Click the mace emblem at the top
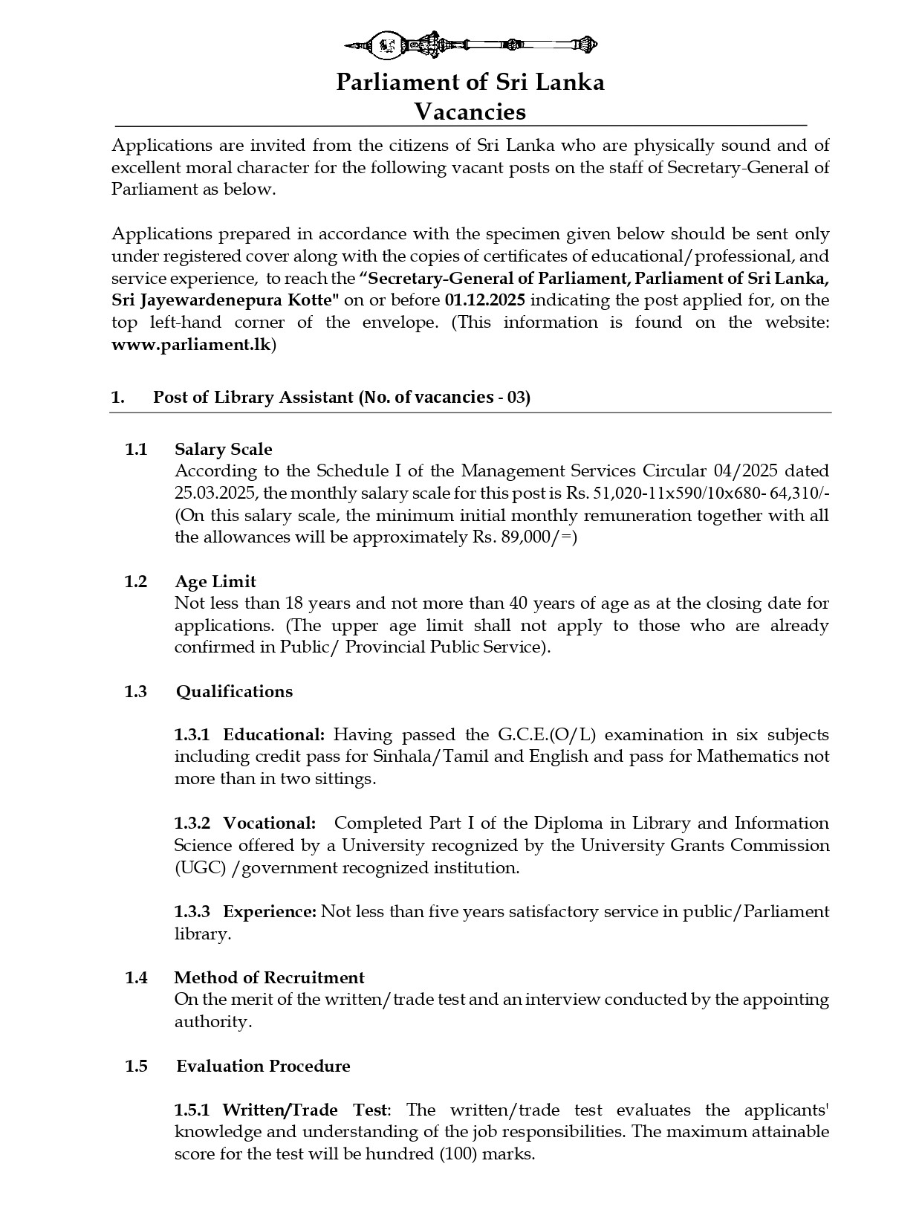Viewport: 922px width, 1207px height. coord(471,45)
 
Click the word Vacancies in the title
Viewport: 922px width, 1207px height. coord(470,111)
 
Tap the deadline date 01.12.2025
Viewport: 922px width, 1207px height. coord(485,300)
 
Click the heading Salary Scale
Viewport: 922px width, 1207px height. coord(223,449)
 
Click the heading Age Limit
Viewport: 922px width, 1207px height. coord(215,581)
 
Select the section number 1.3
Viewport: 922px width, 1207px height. coord(136,691)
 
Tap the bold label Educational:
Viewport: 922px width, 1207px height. coord(274,735)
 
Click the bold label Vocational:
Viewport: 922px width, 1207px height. coord(270,823)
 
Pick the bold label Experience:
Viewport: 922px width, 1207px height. coord(270,911)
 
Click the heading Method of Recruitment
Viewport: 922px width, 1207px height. coord(269,977)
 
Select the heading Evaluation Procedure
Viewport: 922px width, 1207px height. coord(263,1066)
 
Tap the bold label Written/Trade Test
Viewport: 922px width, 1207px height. coord(305,1110)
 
